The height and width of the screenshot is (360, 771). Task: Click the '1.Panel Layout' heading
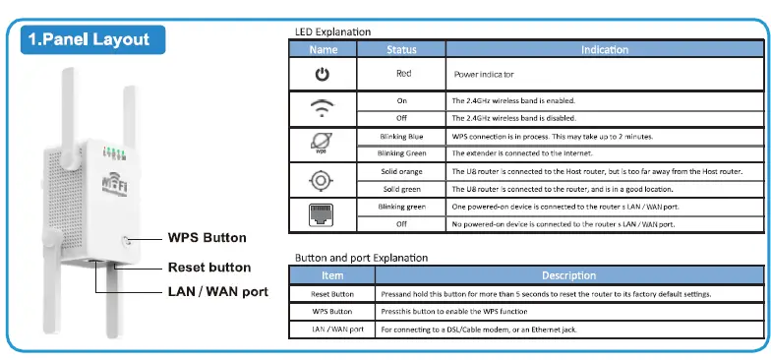(x=90, y=39)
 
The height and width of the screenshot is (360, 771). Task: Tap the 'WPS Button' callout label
(x=207, y=238)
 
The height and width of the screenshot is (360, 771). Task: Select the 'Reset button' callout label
(x=208, y=268)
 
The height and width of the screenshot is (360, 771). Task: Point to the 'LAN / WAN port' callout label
(x=216, y=292)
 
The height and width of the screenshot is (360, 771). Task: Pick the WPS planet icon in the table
(x=322, y=144)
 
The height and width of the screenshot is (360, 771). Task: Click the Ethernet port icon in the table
(x=322, y=214)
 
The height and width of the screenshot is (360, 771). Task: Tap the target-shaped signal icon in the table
(x=322, y=179)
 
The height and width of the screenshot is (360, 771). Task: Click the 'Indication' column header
(x=604, y=48)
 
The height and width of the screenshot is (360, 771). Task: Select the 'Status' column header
(x=401, y=48)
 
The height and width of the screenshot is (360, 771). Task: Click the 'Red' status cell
(x=401, y=74)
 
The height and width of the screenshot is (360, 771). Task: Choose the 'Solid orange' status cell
(x=401, y=170)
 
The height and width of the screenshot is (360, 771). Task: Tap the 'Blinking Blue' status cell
(x=401, y=136)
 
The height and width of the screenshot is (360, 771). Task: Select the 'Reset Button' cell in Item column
(x=332, y=293)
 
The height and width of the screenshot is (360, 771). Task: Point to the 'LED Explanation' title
(x=332, y=31)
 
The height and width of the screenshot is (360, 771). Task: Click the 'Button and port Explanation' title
(x=362, y=258)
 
